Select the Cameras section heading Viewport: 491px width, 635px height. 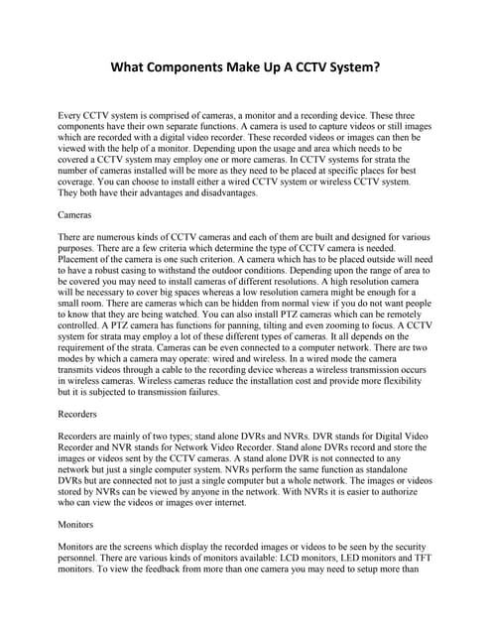point(76,213)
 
